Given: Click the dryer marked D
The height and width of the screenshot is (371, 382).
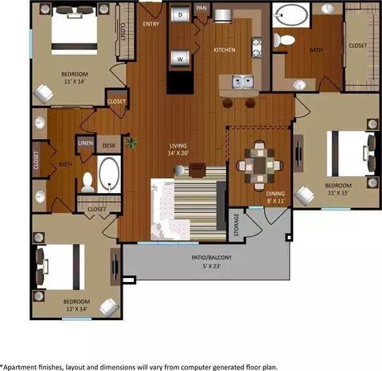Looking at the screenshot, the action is pyautogui.click(x=181, y=14).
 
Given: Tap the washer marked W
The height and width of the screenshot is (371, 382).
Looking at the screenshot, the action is pyautogui.click(x=181, y=59).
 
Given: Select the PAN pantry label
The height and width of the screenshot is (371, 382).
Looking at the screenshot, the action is pyautogui.click(x=201, y=8).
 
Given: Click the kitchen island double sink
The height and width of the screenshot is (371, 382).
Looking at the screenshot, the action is pyautogui.click(x=243, y=82).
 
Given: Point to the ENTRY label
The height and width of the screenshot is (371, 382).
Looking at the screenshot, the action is pyautogui.click(x=151, y=24).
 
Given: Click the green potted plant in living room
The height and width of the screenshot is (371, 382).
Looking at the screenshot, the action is pyautogui.click(x=132, y=143).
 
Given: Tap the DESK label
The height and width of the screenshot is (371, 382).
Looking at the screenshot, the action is pyautogui.click(x=109, y=145).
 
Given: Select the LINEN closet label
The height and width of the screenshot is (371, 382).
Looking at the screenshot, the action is pyautogui.click(x=85, y=143).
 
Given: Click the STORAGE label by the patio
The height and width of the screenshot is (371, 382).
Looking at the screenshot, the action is pyautogui.click(x=236, y=225).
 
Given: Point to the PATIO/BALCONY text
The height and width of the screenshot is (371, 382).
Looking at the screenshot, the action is pyautogui.click(x=212, y=257).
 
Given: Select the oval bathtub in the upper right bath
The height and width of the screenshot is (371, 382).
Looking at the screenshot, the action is pyautogui.click(x=291, y=15).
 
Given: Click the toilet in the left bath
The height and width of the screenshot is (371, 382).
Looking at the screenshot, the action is pyautogui.click(x=88, y=182).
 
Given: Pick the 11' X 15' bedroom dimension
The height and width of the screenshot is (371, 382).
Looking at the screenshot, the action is pyautogui.click(x=338, y=193).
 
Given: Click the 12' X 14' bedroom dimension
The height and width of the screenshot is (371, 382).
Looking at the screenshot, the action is pyautogui.click(x=76, y=309).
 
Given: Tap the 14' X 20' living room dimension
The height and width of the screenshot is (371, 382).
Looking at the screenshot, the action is pyautogui.click(x=178, y=153).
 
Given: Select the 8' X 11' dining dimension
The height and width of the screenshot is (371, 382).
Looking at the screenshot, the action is pyautogui.click(x=276, y=201).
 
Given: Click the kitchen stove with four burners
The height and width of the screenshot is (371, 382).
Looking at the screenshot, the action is pyautogui.click(x=257, y=48).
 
